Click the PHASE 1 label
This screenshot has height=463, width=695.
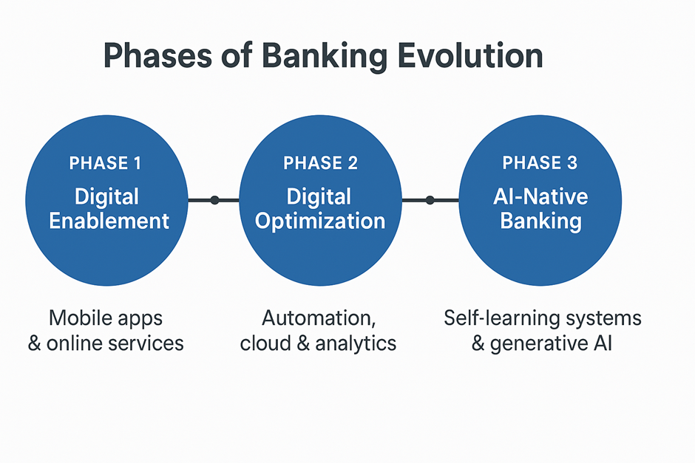pos(105,163)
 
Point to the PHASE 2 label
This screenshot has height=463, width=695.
pos(320,163)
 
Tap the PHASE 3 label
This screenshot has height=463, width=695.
pos(540,163)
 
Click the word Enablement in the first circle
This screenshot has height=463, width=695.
pos(109,221)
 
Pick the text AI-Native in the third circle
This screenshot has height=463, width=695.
pos(540,197)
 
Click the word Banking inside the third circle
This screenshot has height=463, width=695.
pos(540,221)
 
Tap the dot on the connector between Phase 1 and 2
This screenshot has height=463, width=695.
pos(214,200)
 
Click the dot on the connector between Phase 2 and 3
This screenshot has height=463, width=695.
pos(430,200)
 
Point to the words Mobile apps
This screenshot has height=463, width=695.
pos(106,318)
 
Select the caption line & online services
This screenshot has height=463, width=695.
pos(106,343)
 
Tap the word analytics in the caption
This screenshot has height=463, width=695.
pos(362,343)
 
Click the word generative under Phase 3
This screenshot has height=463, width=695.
pos(528,343)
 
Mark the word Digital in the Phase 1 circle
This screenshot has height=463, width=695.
pos(106,197)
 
